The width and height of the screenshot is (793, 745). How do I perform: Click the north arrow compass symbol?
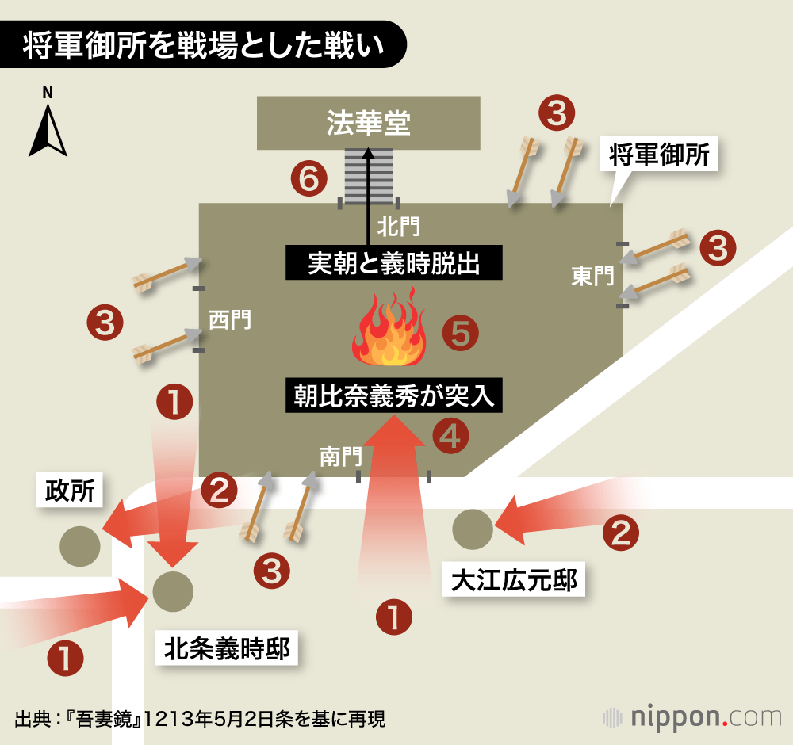pos(48,131)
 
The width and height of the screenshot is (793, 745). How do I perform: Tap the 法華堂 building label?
pos(369,123)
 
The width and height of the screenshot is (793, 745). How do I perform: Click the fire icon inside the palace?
pos(389,329)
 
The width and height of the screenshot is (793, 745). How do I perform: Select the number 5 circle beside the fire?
pos(461,334)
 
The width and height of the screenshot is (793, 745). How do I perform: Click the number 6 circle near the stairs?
pos(308,180)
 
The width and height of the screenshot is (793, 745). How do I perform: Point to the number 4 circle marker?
pos(450,435)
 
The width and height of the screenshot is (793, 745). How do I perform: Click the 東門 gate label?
pos(592,276)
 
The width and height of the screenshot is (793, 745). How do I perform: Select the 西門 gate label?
pos(229,319)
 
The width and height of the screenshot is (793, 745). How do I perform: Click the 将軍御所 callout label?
pos(659,155)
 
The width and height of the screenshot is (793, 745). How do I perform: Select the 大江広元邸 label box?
pos(514,580)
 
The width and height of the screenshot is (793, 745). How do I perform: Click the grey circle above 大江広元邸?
pos(473,529)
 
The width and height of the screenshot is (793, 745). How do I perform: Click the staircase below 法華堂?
pos(369,175)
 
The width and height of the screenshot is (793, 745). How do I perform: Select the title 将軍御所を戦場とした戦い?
pos(204,45)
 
